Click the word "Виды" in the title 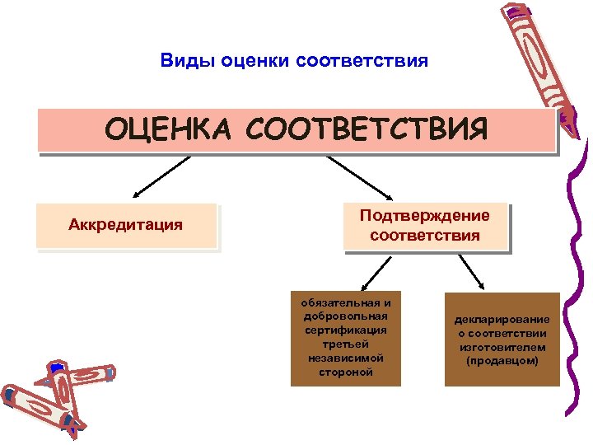(181, 62)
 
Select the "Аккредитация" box (126, 225)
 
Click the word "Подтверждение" (424, 215)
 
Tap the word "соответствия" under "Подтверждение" (424, 236)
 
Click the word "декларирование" (502, 319)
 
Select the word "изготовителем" (502, 347)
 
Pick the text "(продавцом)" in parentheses (502, 361)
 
